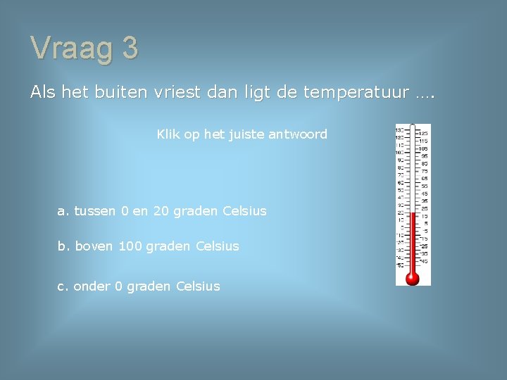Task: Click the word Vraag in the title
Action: point(72,49)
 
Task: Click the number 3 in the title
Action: point(130,48)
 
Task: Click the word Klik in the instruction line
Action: point(168,134)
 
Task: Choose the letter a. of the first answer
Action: point(63,211)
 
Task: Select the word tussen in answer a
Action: point(96,211)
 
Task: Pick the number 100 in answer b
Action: point(130,246)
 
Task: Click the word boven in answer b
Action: point(94,246)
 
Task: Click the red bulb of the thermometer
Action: point(413,278)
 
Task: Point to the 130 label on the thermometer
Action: point(399,129)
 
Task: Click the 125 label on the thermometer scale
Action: point(425,133)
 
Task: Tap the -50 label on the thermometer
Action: point(399,265)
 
